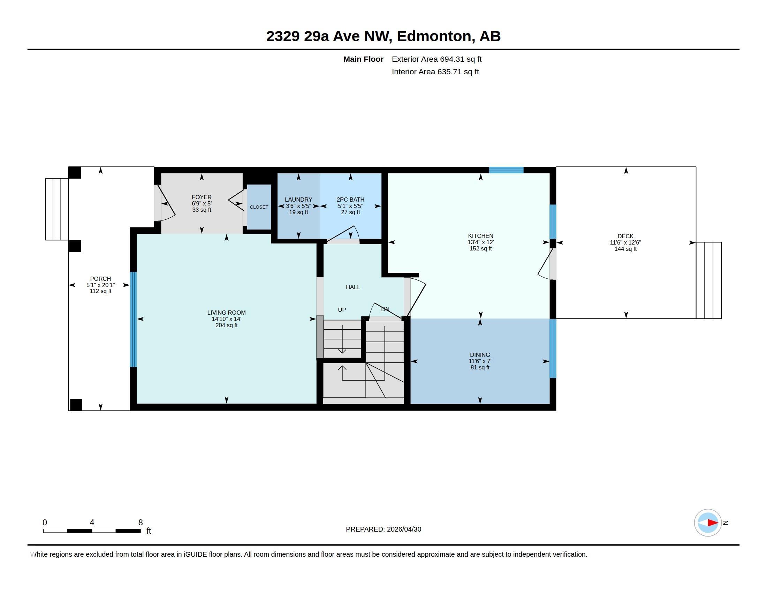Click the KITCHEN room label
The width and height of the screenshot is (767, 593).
(480, 236)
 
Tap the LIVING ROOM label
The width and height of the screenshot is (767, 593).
(227, 313)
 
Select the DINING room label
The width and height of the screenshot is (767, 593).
(480, 355)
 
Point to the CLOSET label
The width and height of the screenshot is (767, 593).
(259, 207)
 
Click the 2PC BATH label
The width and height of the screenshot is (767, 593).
(350, 200)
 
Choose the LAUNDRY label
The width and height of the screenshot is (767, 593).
(298, 200)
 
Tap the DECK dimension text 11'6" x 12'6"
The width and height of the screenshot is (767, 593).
(625, 242)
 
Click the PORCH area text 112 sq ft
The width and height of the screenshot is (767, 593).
(100, 291)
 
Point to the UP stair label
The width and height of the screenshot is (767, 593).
(342, 310)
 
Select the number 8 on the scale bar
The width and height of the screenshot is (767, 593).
(141, 523)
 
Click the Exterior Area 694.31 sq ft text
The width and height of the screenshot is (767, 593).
(436, 59)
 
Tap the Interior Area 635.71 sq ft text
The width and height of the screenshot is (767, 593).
(435, 72)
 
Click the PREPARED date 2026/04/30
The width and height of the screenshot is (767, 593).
(404, 529)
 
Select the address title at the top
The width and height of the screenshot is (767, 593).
(383, 36)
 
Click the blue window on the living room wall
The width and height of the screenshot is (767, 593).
(134, 319)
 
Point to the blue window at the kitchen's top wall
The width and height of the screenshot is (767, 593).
(506, 170)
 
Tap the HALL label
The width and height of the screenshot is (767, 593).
(353, 287)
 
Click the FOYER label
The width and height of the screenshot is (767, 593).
(202, 197)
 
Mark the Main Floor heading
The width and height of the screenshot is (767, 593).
(363, 59)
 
